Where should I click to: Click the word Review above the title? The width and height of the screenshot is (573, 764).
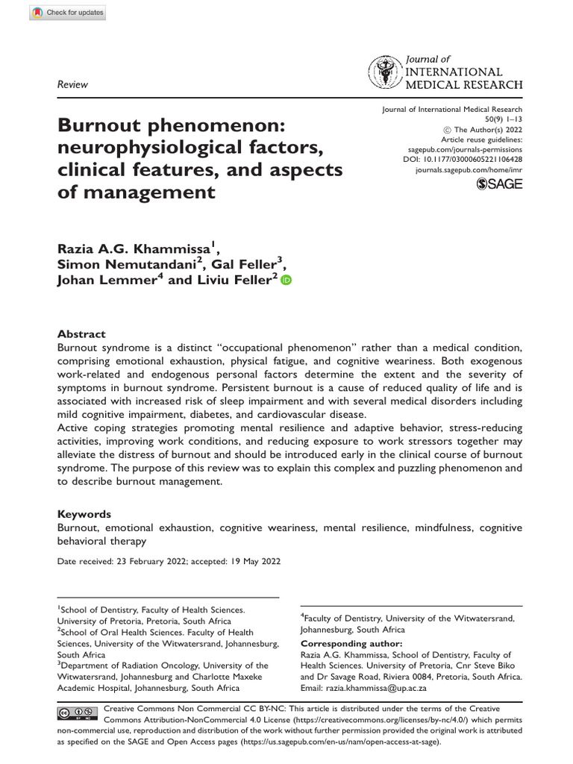73,84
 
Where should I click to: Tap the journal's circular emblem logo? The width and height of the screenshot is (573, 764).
383,73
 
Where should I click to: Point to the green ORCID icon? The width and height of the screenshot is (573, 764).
286,280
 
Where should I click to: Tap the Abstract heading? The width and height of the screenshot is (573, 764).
81,334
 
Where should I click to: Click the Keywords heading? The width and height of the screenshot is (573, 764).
84,514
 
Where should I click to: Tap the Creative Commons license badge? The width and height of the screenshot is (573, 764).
77,713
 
